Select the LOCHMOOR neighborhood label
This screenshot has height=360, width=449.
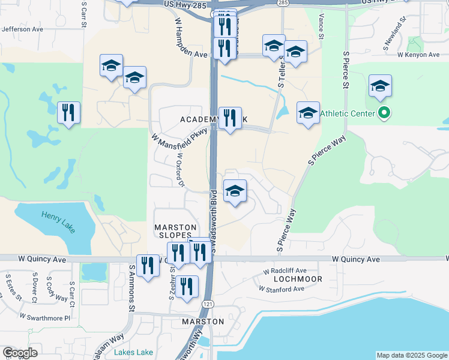[298, 279]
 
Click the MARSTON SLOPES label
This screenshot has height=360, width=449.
[176, 232]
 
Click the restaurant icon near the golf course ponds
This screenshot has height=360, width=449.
[68, 112]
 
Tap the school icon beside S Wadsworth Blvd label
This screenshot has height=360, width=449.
[235, 191]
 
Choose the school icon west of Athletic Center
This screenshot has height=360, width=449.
[308, 113]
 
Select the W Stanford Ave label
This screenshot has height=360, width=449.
[282, 289]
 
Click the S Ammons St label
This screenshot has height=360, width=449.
[132, 287]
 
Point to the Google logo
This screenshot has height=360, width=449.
[20, 353]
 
